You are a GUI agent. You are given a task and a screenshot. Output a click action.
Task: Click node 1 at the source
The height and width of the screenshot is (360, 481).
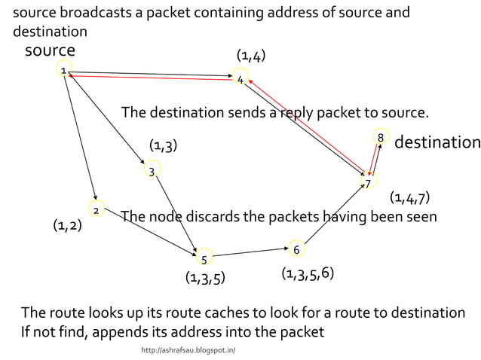point(63,70)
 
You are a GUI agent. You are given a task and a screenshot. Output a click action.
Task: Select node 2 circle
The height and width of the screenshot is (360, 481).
point(96,209)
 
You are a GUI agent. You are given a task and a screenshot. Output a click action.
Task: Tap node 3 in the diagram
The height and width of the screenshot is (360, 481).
point(152,171)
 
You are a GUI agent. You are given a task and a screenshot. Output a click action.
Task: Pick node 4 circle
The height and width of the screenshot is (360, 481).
point(240,78)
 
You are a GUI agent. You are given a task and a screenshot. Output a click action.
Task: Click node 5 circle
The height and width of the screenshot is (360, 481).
point(204,259)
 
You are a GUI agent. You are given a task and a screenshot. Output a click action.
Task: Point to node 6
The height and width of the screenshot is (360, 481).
point(296,249)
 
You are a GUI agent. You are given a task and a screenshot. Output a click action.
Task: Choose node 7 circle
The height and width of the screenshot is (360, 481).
point(367,182)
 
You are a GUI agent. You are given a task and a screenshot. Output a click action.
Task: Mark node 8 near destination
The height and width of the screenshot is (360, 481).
point(381,138)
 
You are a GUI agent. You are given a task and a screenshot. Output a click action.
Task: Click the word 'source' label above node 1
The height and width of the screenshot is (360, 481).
point(50,50)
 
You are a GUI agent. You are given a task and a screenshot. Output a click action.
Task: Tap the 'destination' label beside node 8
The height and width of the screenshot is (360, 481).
point(437,142)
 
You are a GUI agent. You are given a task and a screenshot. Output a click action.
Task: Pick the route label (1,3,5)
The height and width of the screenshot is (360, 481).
point(205,279)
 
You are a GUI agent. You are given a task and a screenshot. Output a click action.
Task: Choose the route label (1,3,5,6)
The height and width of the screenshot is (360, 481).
point(307,273)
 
